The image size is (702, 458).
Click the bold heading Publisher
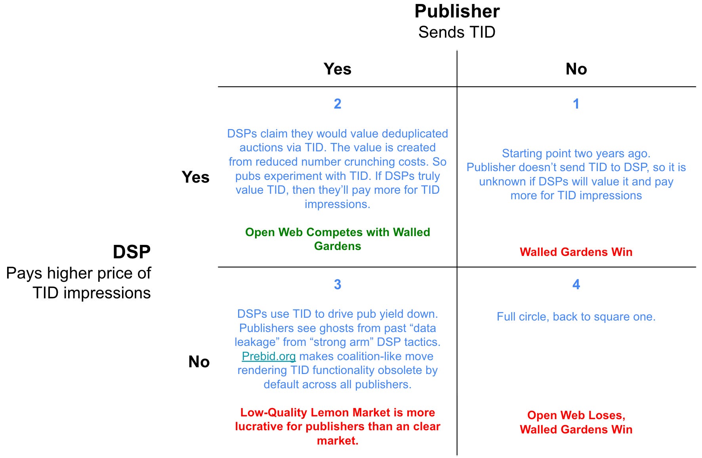[x=457, y=11]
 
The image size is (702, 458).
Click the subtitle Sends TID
[x=457, y=32]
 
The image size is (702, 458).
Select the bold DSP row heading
[x=132, y=252]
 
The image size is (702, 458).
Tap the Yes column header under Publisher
[x=337, y=69]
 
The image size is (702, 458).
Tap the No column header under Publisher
[x=576, y=69]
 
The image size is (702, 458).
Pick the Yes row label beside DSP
[x=195, y=177]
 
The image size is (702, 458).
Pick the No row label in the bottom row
[x=199, y=362]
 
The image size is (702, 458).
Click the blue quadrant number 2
[x=337, y=104]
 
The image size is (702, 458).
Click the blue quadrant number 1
[x=576, y=104]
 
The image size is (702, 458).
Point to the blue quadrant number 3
[x=337, y=284]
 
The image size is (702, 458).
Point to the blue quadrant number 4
[x=576, y=284]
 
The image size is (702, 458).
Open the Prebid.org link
[x=269, y=356]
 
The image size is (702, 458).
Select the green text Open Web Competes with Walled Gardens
[x=338, y=239]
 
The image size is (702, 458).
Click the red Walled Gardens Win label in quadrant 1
[x=576, y=252]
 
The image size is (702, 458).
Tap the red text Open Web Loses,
[x=576, y=415]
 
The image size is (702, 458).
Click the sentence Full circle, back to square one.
[x=576, y=317]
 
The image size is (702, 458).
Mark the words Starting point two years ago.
[x=576, y=153]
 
